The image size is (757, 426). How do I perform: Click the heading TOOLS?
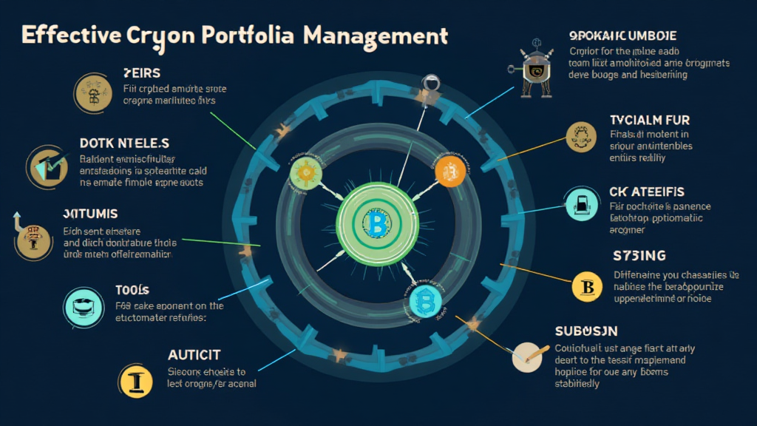click(x=132, y=289)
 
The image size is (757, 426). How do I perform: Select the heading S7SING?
click(x=639, y=256)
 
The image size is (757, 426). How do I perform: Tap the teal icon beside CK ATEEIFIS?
click(x=579, y=203)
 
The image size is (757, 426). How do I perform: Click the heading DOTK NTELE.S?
click(x=124, y=142)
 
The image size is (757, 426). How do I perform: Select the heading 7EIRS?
click(x=141, y=72)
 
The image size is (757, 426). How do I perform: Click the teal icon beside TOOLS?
click(x=81, y=305)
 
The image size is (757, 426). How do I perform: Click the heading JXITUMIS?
click(x=90, y=214)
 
